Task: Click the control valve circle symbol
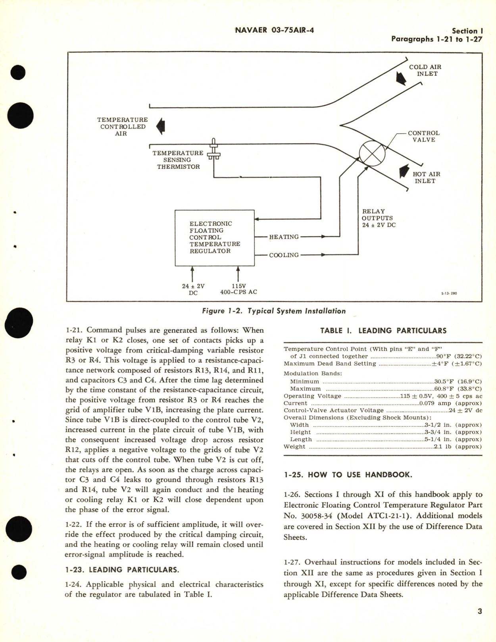tap(372, 154)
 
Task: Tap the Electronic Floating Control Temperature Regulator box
tap(214, 237)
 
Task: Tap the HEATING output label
tap(284, 237)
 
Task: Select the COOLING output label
tap(284, 255)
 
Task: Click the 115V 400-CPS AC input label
tap(238, 289)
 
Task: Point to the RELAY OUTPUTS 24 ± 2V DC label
tap(378, 218)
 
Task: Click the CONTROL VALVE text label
tap(423, 136)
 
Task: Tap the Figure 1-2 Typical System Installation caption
tap(274, 311)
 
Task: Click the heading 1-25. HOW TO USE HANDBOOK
tap(348, 474)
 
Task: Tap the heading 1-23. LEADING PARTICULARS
tap(122, 570)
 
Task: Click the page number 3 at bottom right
tap(479, 622)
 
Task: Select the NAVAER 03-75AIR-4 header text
tap(274, 30)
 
